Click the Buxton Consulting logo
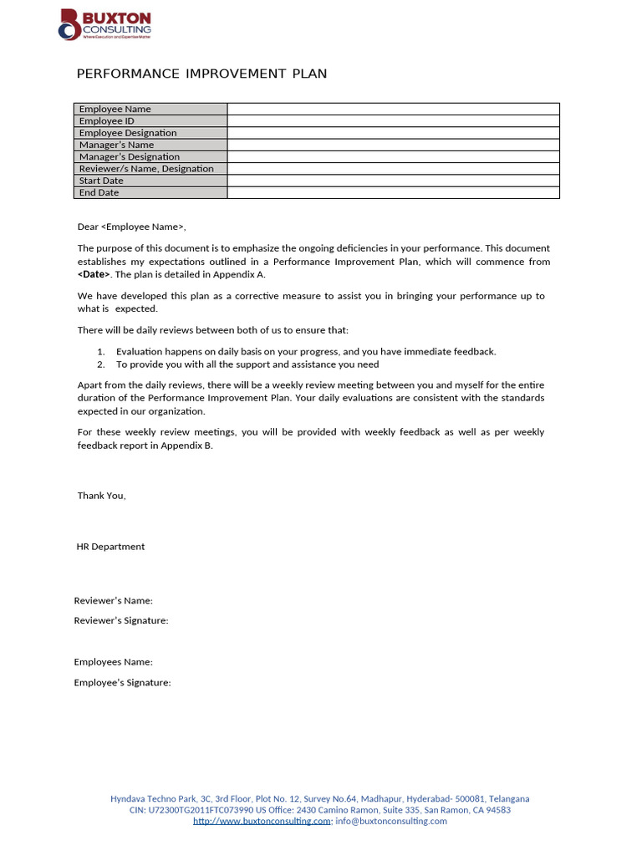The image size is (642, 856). coord(104,25)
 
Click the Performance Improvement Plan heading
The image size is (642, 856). coord(201,74)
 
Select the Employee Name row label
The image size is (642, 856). coord(115,110)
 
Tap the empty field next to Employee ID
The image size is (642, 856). coord(393,121)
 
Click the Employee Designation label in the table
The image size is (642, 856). coord(128,133)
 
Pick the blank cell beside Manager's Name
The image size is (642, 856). coord(393,145)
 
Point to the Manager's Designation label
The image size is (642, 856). coord(130,157)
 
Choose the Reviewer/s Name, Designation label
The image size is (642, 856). coord(146,169)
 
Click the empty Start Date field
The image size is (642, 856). coord(393,181)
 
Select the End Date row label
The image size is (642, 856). coord(99,193)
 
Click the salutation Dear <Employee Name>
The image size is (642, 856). coord(132,227)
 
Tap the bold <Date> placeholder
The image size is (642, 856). coord(94,274)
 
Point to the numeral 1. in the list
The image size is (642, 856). coord(100,352)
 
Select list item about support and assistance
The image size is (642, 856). coord(247,364)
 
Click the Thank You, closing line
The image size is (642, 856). coord(102,496)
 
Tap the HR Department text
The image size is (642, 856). coord(110,547)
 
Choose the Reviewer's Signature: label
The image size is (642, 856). coord(121,620)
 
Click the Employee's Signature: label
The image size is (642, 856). coord(122,683)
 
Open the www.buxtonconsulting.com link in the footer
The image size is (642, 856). coord(262,821)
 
